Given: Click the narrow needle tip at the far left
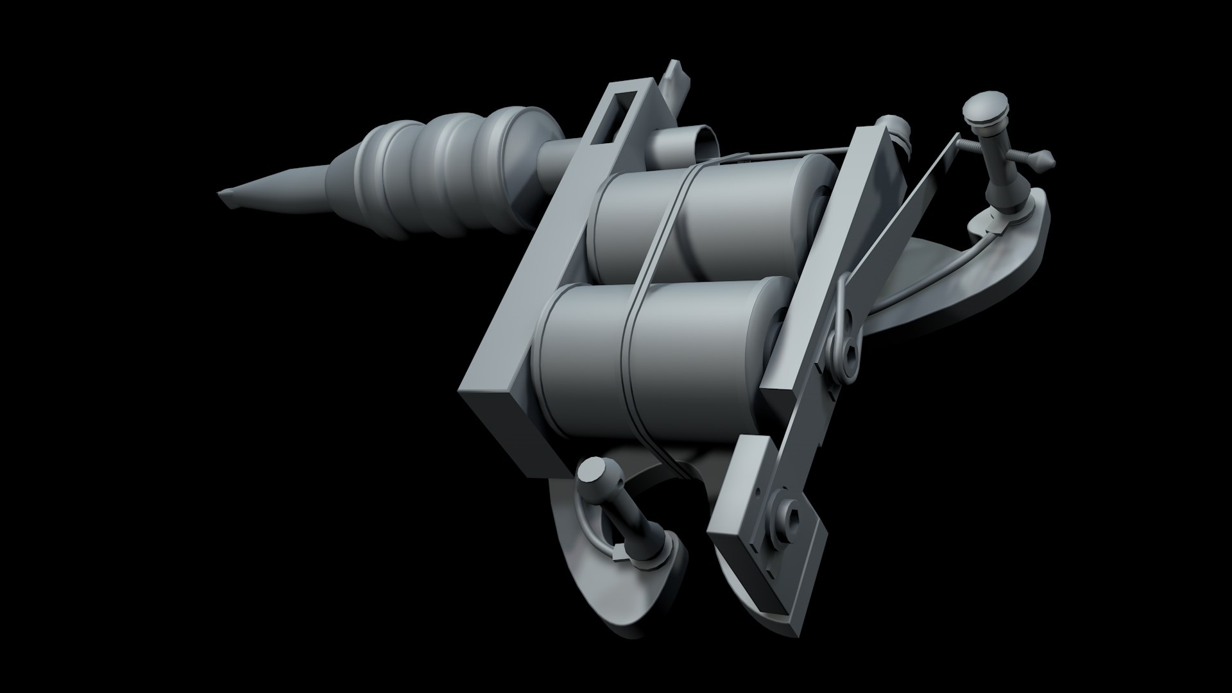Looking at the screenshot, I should [x=226, y=194].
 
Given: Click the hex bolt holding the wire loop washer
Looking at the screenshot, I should [x=851, y=350].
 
